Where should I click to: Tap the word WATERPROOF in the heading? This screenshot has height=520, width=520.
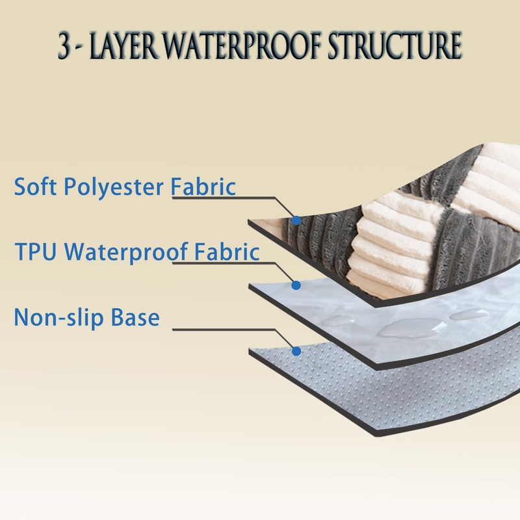[x=236, y=46]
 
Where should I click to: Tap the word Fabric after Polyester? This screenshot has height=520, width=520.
[x=203, y=187]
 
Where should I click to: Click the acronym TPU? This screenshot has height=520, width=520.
[x=36, y=252]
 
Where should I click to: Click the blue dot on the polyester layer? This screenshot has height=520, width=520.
[x=296, y=220]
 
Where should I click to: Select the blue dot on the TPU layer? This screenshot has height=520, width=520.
[x=296, y=285]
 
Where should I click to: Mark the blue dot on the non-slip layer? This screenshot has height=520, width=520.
[x=296, y=351]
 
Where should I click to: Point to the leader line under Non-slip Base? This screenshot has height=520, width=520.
[x=227, y=330]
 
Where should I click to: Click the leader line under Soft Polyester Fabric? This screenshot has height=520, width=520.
[x=221, y=197]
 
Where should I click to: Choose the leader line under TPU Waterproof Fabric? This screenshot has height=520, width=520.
[x=221, y=263]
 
